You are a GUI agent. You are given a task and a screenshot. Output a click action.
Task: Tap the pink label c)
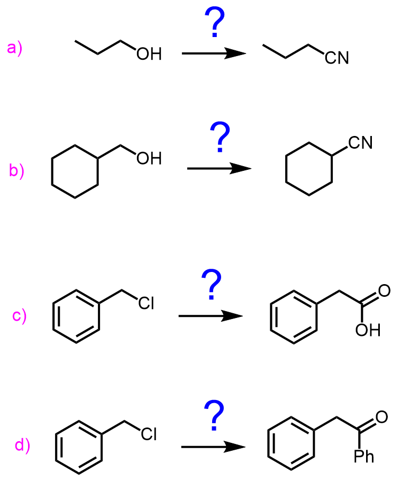(20, 317)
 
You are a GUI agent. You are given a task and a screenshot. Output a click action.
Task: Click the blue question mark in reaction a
(214, 25)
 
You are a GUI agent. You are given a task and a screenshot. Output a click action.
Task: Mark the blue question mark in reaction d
(214, 415)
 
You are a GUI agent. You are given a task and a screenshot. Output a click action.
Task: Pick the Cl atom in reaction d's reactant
(149, 434)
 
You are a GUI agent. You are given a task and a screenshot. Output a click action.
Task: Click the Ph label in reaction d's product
(364, 456)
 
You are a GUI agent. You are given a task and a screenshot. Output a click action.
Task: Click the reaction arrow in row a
(214, 53)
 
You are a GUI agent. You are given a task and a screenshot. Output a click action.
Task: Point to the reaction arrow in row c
(211, 316)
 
